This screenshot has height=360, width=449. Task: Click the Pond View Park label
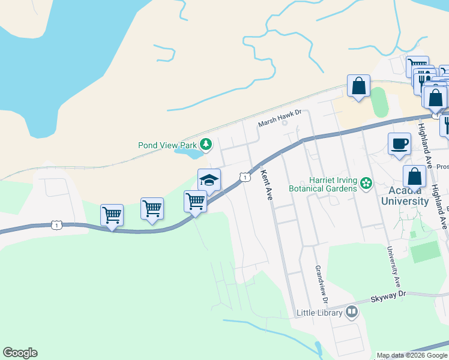coord(167,145)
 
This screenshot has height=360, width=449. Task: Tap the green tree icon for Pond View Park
coord(206,144)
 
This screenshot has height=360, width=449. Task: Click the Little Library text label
coord(319,313)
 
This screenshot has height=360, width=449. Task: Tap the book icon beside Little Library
coord(351,311)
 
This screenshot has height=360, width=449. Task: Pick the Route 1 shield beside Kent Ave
coord(244,177)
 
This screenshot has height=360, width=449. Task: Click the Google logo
coord(20,353)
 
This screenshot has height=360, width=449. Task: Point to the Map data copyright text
coord(412,355)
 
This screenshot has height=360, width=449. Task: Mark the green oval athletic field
coord(379,103)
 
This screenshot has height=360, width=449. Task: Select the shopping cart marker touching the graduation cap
coord(195,202)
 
